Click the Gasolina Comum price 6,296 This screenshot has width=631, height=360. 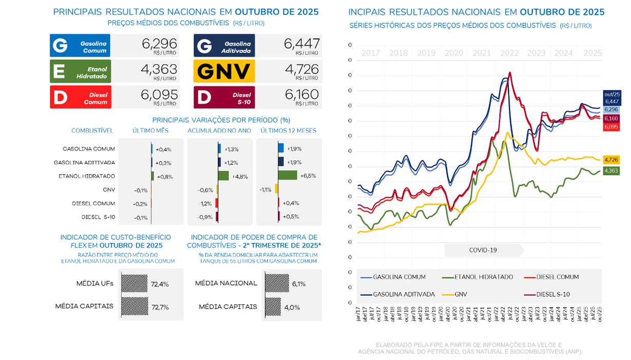[159, 44]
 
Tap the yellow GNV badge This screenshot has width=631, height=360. [224, 71]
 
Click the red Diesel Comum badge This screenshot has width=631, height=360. [80, 97]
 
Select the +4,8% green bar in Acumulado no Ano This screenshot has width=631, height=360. [223, 176]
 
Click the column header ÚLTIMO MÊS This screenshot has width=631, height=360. [150, 131]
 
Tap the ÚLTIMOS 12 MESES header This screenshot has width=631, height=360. [288, 131]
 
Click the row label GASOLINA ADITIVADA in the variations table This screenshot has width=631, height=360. [84, 162]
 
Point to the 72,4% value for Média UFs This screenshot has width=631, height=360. [159, 284]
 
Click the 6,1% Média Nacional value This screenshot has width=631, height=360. [298, 283]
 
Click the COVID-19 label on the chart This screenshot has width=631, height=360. [483, 250]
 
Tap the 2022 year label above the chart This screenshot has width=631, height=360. [509, 53]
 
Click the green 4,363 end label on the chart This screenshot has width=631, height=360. [611, 171]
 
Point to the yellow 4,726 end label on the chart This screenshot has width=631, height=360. [611, 160]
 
